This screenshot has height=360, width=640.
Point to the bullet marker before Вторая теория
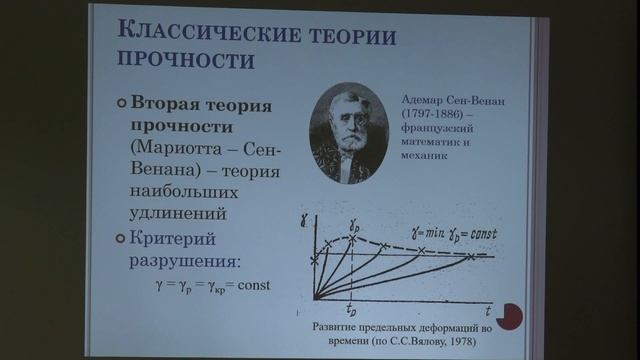(x=121, y=105)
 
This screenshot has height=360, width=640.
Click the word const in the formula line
(x=253, y=285)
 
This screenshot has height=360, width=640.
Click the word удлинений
(x=175, y=213)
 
